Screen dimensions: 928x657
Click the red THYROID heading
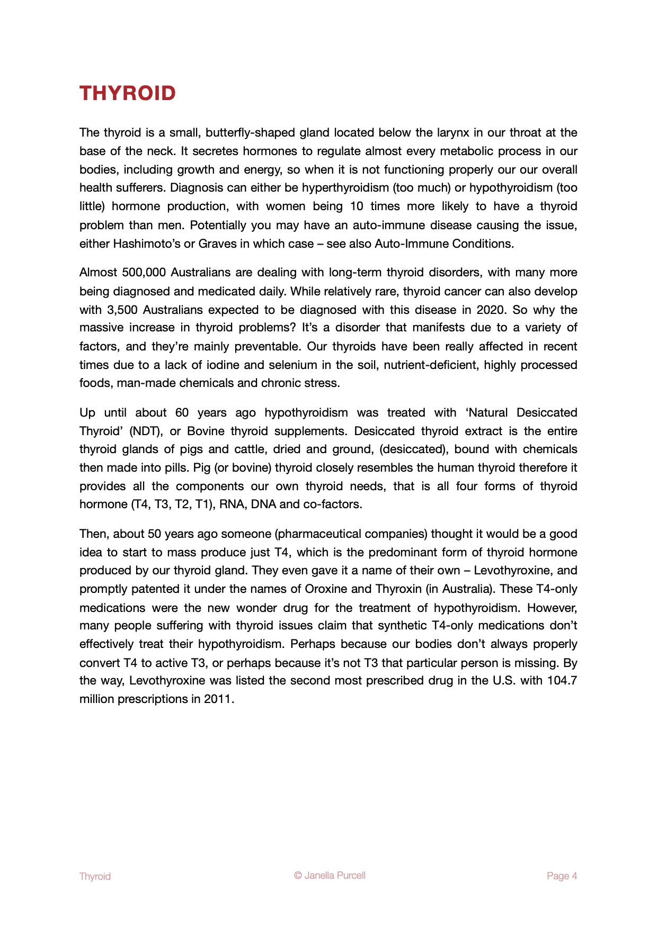point(128,93)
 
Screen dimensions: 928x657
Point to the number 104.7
point(562,680)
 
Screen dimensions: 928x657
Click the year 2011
point(218,699)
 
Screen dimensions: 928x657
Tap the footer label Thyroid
point(95,876)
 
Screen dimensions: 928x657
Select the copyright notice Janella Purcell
point(330,875)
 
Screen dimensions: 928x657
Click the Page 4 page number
point(562,876)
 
